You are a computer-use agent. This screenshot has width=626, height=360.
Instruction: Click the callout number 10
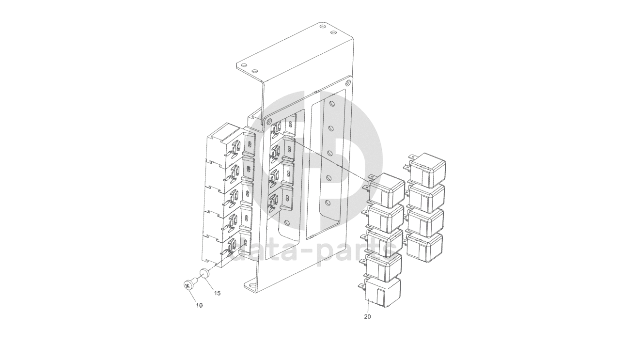pos(199,306)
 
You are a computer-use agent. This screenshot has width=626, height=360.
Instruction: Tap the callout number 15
pos(217,293)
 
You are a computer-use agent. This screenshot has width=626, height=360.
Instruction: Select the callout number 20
pos(367,317)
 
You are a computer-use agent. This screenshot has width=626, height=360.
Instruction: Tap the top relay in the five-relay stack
pos(385,190)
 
